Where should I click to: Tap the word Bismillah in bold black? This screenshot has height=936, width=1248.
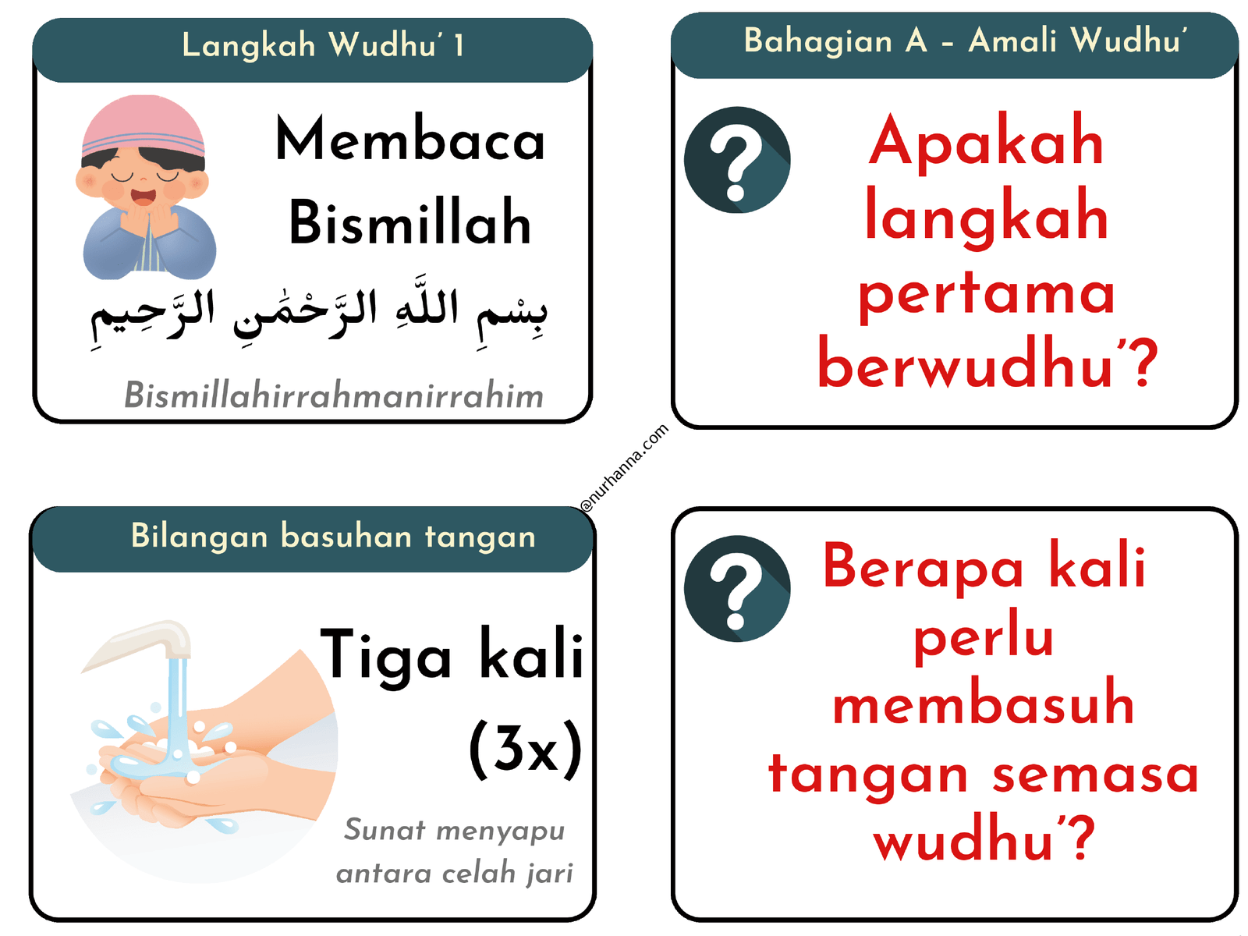click(x=410, y=223)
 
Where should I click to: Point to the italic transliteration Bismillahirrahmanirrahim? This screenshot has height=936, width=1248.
click(x=334, y=395)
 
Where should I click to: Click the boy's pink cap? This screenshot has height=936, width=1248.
click(x=144, y=125)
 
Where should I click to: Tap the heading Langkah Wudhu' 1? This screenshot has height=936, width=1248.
click(x=323, y=45)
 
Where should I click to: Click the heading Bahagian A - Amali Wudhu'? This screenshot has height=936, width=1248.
click(x=966, y=41)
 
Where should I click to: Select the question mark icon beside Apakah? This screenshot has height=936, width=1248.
click(x=737, y=160)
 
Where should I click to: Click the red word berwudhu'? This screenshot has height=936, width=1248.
click(x=987, y=363)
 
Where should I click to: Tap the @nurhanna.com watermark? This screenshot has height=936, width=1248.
click(x=625, y=468)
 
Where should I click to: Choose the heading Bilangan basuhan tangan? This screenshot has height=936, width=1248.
click(x=333, y=537)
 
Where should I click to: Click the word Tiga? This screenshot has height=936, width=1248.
click(x=386, y=655)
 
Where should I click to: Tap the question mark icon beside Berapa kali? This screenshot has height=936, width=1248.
click(x=737, y=588)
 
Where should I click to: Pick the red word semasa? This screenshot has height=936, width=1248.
click(x=1095, y=774)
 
